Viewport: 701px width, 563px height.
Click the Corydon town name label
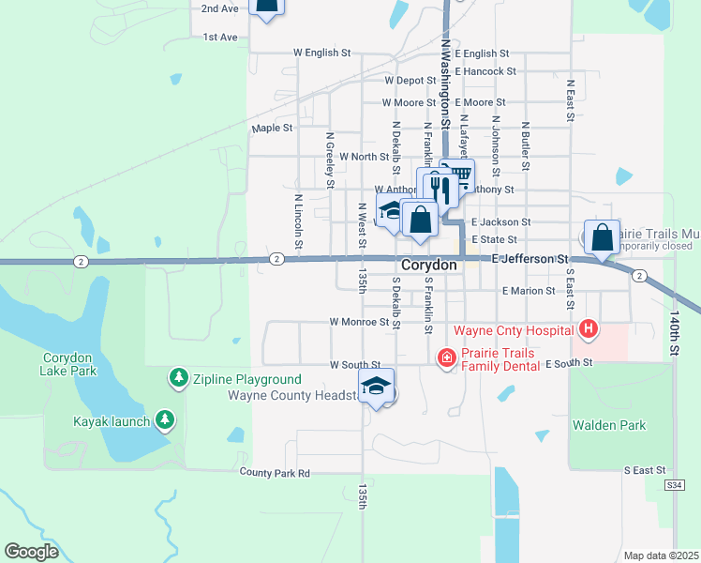[431, 266]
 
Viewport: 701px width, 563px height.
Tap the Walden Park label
[609, 425]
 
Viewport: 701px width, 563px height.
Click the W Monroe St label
[358, 322]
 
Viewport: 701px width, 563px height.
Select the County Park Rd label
[274, 473]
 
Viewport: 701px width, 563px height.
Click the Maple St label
[272, 128]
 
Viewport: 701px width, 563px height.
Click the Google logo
[31, 551]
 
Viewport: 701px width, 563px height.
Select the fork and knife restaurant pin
[443, 190]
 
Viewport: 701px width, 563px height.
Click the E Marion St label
[528, 291]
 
